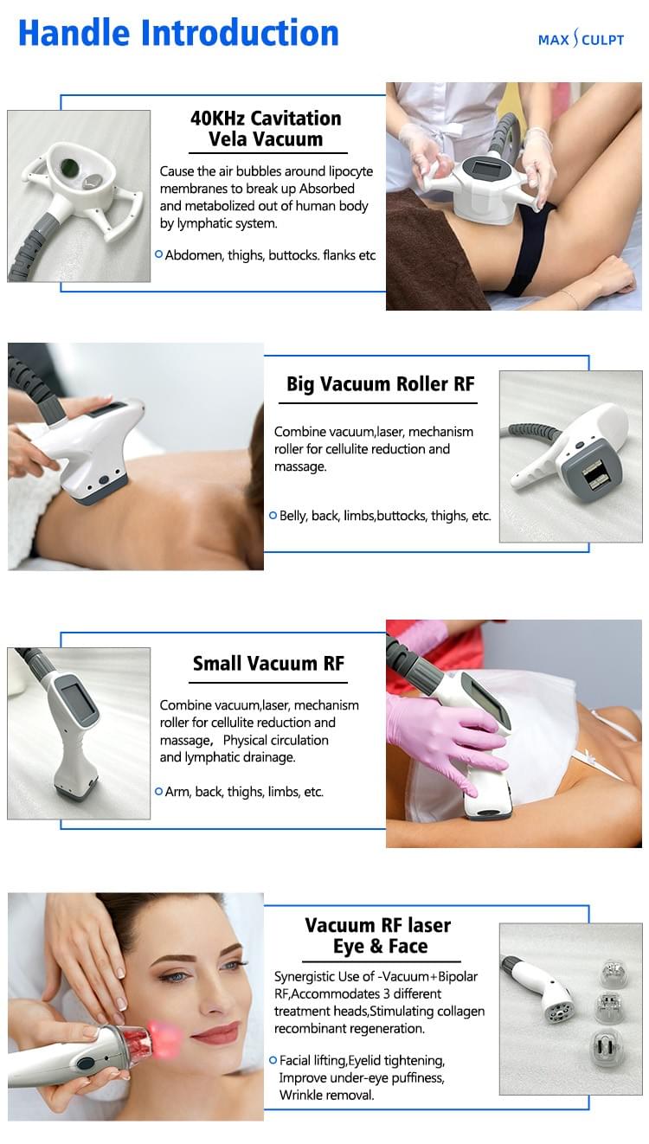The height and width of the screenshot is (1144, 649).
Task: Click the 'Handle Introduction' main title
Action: click(x=178, y=33)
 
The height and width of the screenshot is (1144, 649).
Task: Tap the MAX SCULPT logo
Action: click(x=580, y=40)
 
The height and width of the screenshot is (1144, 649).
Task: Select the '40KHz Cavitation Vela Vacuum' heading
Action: click(x=266, y=129)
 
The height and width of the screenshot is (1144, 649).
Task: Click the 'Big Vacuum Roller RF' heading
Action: click(x=381, y=384)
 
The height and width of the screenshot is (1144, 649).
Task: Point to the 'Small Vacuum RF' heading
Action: click(x=268, y=664)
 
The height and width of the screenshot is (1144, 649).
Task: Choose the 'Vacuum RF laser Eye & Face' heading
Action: click(x=379, y=935)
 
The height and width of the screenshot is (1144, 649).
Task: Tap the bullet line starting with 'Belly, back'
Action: click(x=384, y=516)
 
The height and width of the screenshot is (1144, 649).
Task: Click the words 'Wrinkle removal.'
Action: click(x=326, y=1095)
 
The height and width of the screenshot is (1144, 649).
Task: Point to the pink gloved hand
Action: click(x=441, y=740)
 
